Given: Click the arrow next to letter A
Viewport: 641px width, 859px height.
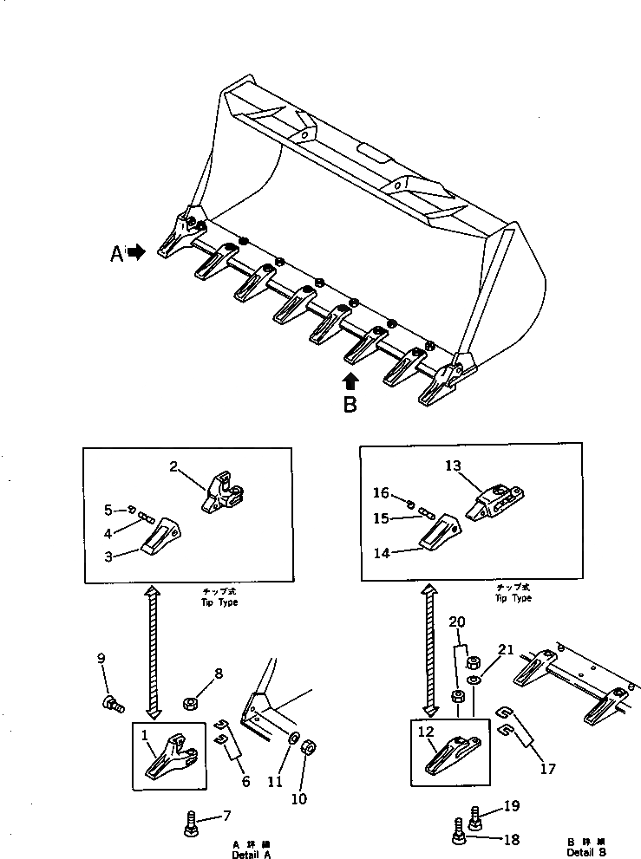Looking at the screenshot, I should (x=136, y=254).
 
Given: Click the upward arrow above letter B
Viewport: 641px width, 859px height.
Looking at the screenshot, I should (x=349, y=381).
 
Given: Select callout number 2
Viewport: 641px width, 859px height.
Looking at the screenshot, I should (x=173, y=467).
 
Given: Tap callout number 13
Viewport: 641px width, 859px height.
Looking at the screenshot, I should (x=453, y=466).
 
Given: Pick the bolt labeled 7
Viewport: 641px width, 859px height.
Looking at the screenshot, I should (x=190, y=822).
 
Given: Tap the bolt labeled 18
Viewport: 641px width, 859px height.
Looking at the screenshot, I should (x=457, y=836).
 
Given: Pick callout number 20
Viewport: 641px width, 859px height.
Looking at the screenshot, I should (x=457, y=622).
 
